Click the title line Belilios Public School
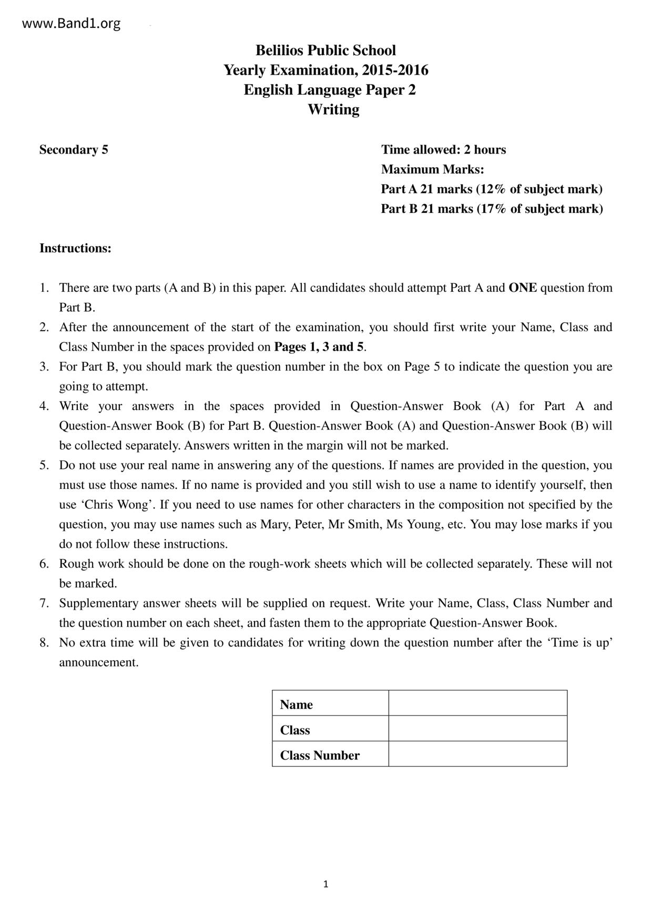[325, 50]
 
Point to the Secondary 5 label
[74, 150]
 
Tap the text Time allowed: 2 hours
[443, 150]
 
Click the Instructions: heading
[75, 248]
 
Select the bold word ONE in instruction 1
[523, 288]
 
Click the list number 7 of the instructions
[44, 603]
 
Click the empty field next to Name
[477, 703]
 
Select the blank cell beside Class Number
[477, 754]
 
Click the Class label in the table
[295, 730]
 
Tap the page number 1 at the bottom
[325, 884]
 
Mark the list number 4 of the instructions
[44, 406]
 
